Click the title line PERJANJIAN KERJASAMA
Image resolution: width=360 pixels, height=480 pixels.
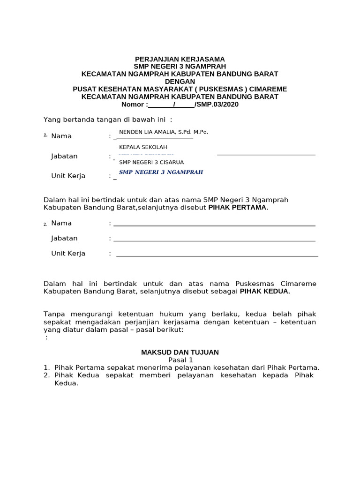coord(180,59)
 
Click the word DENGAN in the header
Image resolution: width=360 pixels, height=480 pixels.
coord(180,82)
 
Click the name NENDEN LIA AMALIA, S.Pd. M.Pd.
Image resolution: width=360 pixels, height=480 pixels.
coord(164,132)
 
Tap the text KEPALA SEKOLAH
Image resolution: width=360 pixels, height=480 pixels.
coord(143,147)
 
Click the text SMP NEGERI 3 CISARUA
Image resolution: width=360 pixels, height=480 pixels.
coord(151,162)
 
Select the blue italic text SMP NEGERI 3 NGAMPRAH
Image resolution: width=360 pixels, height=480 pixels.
coord(161,172)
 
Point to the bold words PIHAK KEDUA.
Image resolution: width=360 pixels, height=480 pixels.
coord(265,291)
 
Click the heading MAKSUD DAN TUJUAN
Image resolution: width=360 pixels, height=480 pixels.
coord(180,352)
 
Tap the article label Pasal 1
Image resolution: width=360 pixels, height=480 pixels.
coord(180,360)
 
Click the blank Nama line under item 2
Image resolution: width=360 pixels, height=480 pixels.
coord(214,225)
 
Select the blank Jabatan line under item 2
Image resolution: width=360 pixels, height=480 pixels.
coord(214,240)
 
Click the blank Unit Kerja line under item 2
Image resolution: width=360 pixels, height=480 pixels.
coord(217,255)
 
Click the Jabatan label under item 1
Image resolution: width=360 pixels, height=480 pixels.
coord(64,156)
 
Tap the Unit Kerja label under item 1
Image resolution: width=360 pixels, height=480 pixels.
coord(68,176)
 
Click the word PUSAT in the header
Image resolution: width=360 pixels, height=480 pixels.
coord(84,89)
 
